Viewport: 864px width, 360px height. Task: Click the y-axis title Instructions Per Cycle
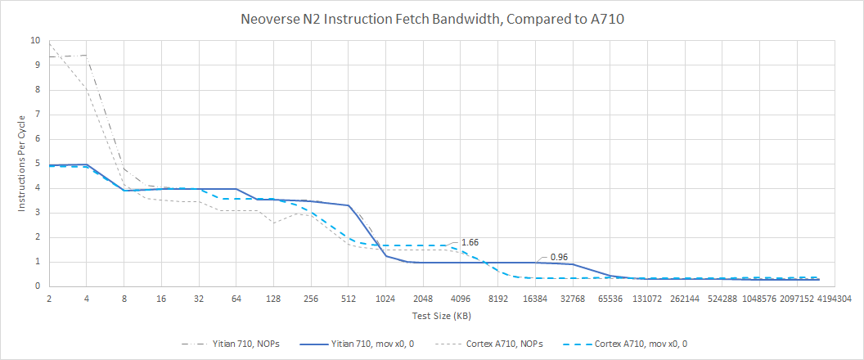23,164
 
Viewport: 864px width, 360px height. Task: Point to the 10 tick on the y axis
34,40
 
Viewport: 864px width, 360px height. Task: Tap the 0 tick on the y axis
36,286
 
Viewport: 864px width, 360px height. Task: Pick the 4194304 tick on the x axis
835,299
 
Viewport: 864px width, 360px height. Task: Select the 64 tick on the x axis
236,299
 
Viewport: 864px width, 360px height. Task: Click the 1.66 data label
470,243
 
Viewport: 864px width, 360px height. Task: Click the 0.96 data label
560,257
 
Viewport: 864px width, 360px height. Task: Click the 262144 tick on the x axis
686,299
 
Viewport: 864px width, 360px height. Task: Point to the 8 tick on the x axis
124,299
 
